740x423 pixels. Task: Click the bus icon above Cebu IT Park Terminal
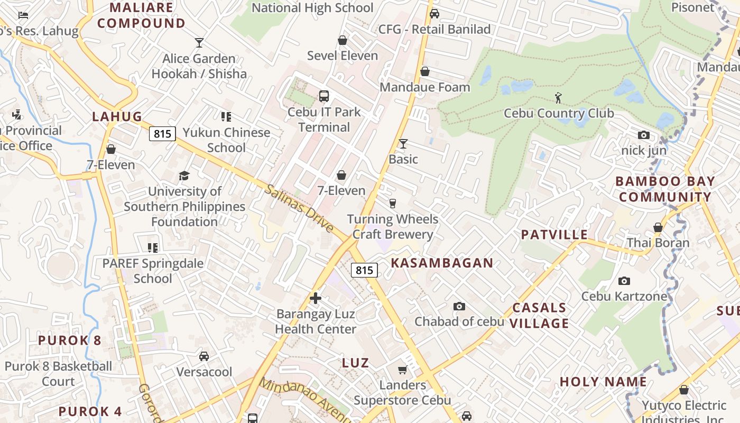(324, 96)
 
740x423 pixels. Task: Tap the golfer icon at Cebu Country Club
(558, 97)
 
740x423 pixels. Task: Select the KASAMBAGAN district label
(442, 263)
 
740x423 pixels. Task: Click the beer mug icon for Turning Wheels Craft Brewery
(392, 203)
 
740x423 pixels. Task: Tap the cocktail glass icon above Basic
(403, 143)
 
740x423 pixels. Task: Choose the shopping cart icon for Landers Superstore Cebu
(403, 370)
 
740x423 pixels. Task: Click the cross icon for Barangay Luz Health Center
(316, 298)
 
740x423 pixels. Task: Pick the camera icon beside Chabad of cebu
(459, 306)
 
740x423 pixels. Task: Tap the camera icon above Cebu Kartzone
(624, 281)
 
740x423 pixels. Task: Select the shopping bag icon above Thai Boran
(658, 227)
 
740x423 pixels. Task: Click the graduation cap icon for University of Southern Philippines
(184, 176)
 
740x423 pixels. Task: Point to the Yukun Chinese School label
(226, 140)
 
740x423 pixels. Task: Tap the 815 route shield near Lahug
(162, 134)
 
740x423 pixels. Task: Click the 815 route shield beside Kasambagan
(364, 270)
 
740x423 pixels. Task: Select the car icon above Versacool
(204, 356)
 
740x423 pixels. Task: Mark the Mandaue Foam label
(425, 87)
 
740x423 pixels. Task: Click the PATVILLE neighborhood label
(554, 235)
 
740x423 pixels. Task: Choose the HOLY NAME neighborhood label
(603, 382)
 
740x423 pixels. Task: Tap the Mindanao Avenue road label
(304, 400)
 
